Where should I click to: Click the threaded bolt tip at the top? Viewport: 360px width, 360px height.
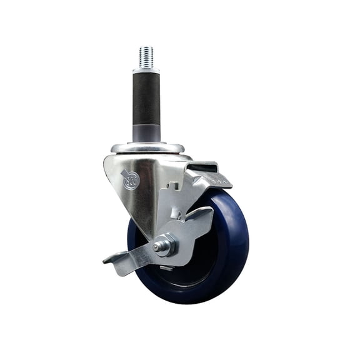(x=146, y=56)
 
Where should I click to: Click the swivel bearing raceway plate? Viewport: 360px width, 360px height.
(x=147, y=149)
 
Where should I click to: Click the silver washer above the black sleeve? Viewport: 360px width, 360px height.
(x=146, y=71)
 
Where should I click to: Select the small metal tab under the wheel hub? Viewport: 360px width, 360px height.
(x=166, y=268)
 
